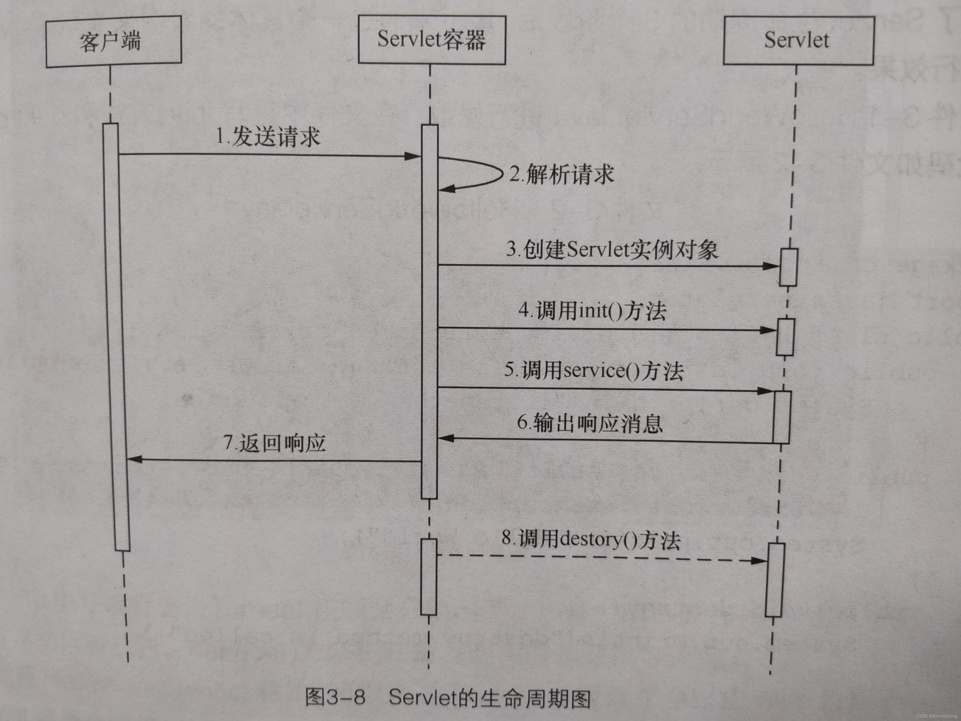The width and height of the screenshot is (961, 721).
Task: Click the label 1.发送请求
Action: (268, 137)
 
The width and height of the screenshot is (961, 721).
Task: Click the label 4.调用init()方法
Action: (592, 311)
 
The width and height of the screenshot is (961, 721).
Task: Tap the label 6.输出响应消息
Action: (590, 423)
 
